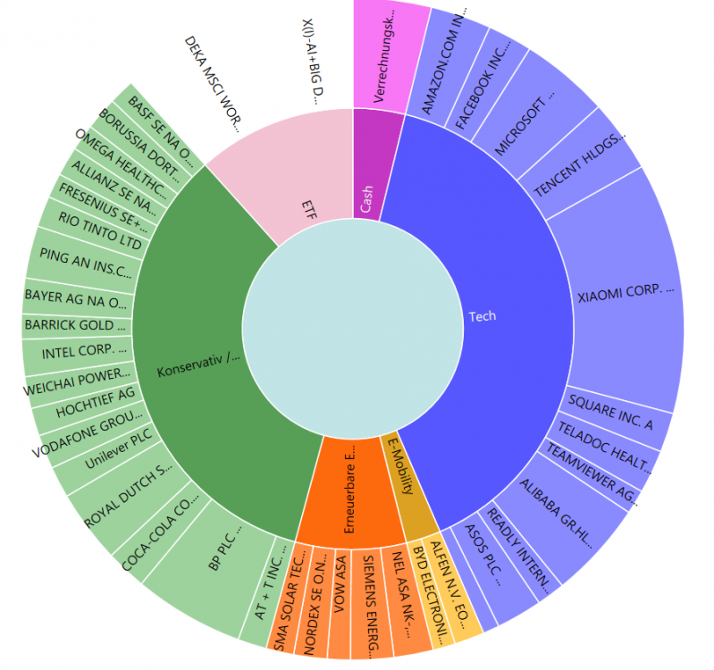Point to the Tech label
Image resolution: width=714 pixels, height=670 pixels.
point(482,316)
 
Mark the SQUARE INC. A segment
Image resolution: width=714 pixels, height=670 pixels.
point(613,413)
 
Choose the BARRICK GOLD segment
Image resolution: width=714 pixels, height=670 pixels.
point(76,325)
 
